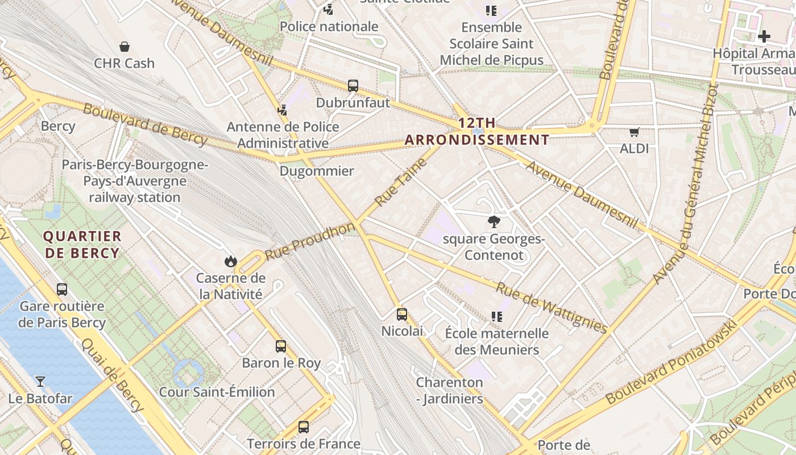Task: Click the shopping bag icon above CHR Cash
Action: (x=125, y=47)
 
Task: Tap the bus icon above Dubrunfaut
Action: (x=353, y=86)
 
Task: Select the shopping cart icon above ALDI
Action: (x=635, y=132)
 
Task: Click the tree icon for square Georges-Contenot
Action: (x=494, y=222)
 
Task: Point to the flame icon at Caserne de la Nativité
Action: (x=230, y=261)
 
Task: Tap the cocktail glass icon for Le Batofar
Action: (x=40, y=381)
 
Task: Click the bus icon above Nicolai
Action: (x=402, y=314)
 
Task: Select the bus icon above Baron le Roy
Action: (x=281, y=346)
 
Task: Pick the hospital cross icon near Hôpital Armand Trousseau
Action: (x=764, y=36)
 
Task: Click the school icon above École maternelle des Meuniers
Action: (x=497, y=316)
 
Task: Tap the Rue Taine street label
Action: (x=401, y=183)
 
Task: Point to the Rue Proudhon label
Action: (x=310, y=242)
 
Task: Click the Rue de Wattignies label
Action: (x=552, y=307)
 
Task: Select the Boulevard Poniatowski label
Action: (x=671, y=363)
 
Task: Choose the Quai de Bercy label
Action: (x=112, y=374)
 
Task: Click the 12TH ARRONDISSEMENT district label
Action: (x=477, y=131)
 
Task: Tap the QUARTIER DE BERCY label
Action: (x=82, y=245)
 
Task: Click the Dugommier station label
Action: (x=317, y=171)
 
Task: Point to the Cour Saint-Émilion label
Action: (x=217, y=392)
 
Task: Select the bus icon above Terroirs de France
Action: (x=304, y=427)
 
